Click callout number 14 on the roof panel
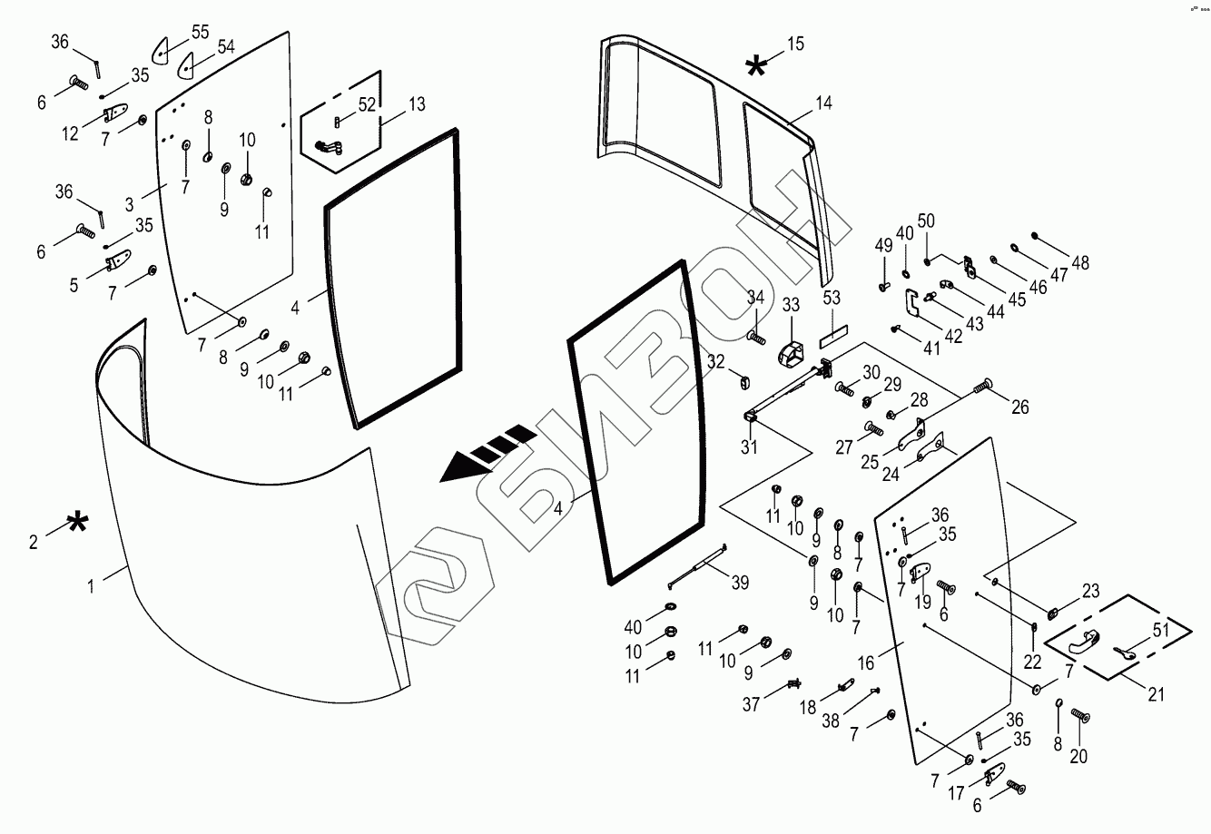click(822, 103)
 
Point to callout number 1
click(91, 587)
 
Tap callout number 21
click(1156, 696)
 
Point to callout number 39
click(741, 584)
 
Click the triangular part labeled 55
click(161, 49)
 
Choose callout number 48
click(1079, 263)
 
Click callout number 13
click(416, 104)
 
